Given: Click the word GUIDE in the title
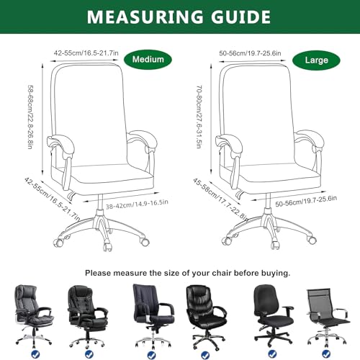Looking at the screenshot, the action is pos(240,17).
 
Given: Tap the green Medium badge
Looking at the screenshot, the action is pos(148,59).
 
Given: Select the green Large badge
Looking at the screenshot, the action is pos(316,60).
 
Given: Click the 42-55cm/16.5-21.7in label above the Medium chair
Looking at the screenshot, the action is pos(86,53).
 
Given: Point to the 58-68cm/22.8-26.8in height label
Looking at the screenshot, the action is pos(30,117).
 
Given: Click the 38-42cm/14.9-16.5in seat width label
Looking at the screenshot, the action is pos(137,204).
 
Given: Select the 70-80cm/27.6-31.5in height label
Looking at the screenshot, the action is pos(199,117).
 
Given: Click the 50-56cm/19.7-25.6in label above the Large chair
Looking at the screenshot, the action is pos(250,53).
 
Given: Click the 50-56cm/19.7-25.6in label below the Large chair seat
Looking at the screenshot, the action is pos(306,201).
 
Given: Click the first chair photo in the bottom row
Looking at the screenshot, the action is pos(34,315).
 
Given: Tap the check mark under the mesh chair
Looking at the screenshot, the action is pos(326,354).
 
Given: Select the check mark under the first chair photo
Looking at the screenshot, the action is pos(35,354).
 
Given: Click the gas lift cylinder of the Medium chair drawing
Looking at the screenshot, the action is pos(100,202).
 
